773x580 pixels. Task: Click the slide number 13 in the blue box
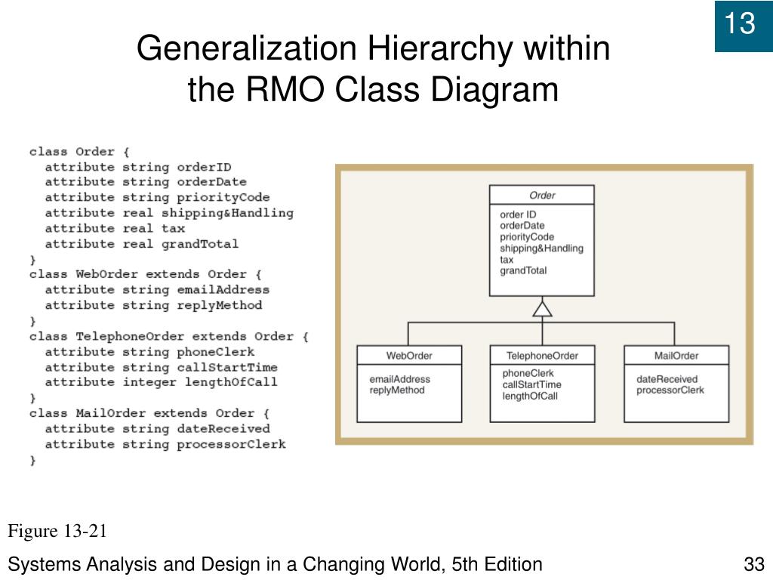(x=741, y=25)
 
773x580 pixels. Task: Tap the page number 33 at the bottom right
(x=754, y=564)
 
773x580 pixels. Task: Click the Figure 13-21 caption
(x=57, y=532)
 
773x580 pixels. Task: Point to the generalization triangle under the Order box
(x=542, y=308)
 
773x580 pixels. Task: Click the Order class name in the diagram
(x=542, y=196)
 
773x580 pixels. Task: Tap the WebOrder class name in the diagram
(x=408, y=356)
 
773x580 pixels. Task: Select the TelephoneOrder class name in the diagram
(x=542, y=356)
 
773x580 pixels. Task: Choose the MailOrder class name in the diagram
(x=676, y=356)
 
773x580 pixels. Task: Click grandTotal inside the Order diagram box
(x=523, y=270)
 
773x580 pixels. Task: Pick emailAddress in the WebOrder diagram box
(x=399, y=379)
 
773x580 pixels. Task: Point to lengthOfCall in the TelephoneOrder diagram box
(x=530, y=396)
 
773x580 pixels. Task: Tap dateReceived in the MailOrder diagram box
(x=667, y=379)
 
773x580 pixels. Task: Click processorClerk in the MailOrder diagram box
(x=670, y=390)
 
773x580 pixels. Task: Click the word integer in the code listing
(x=149, y=382)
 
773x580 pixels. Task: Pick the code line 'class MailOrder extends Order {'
(x=149, y=413)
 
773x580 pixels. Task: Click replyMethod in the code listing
(x=219, y=305)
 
